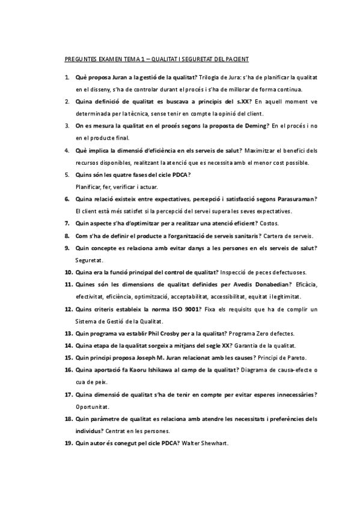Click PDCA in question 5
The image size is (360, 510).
pos(180,174)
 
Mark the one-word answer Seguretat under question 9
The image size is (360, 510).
pos(90,260)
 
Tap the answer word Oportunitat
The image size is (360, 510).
pos(91,407)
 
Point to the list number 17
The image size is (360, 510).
pos(69,394)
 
